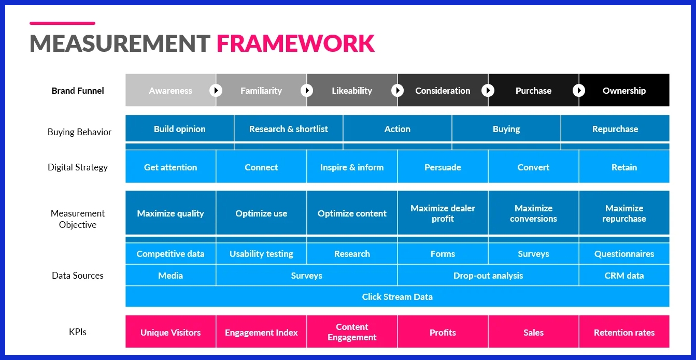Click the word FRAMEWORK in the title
(x=295, y=44)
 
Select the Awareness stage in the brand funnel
(x=171, y=91)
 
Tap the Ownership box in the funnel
(x=624, y=91)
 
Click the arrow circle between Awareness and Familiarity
(x=216, y=91)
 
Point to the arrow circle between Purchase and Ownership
(x=579, y=91)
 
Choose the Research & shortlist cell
(x=288, y=129)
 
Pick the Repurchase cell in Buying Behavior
(x=615, y=129)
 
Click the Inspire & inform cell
(x=352, y=167)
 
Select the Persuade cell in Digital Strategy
(x=443, y=167)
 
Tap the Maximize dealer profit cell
(x=443, y=213)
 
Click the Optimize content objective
(x=352, y=213)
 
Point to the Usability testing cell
(x=261, y=254)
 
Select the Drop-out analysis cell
(x=488, y=276)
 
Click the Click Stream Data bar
(x=397, y=297)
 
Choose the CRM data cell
(x=624, y=276)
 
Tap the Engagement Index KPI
(x=261, y=333)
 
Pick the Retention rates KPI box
(x=624, y=333)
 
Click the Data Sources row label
(x=78, y=276)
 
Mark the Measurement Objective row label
(x=78, y=219)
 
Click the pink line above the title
(x=62, y=23)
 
